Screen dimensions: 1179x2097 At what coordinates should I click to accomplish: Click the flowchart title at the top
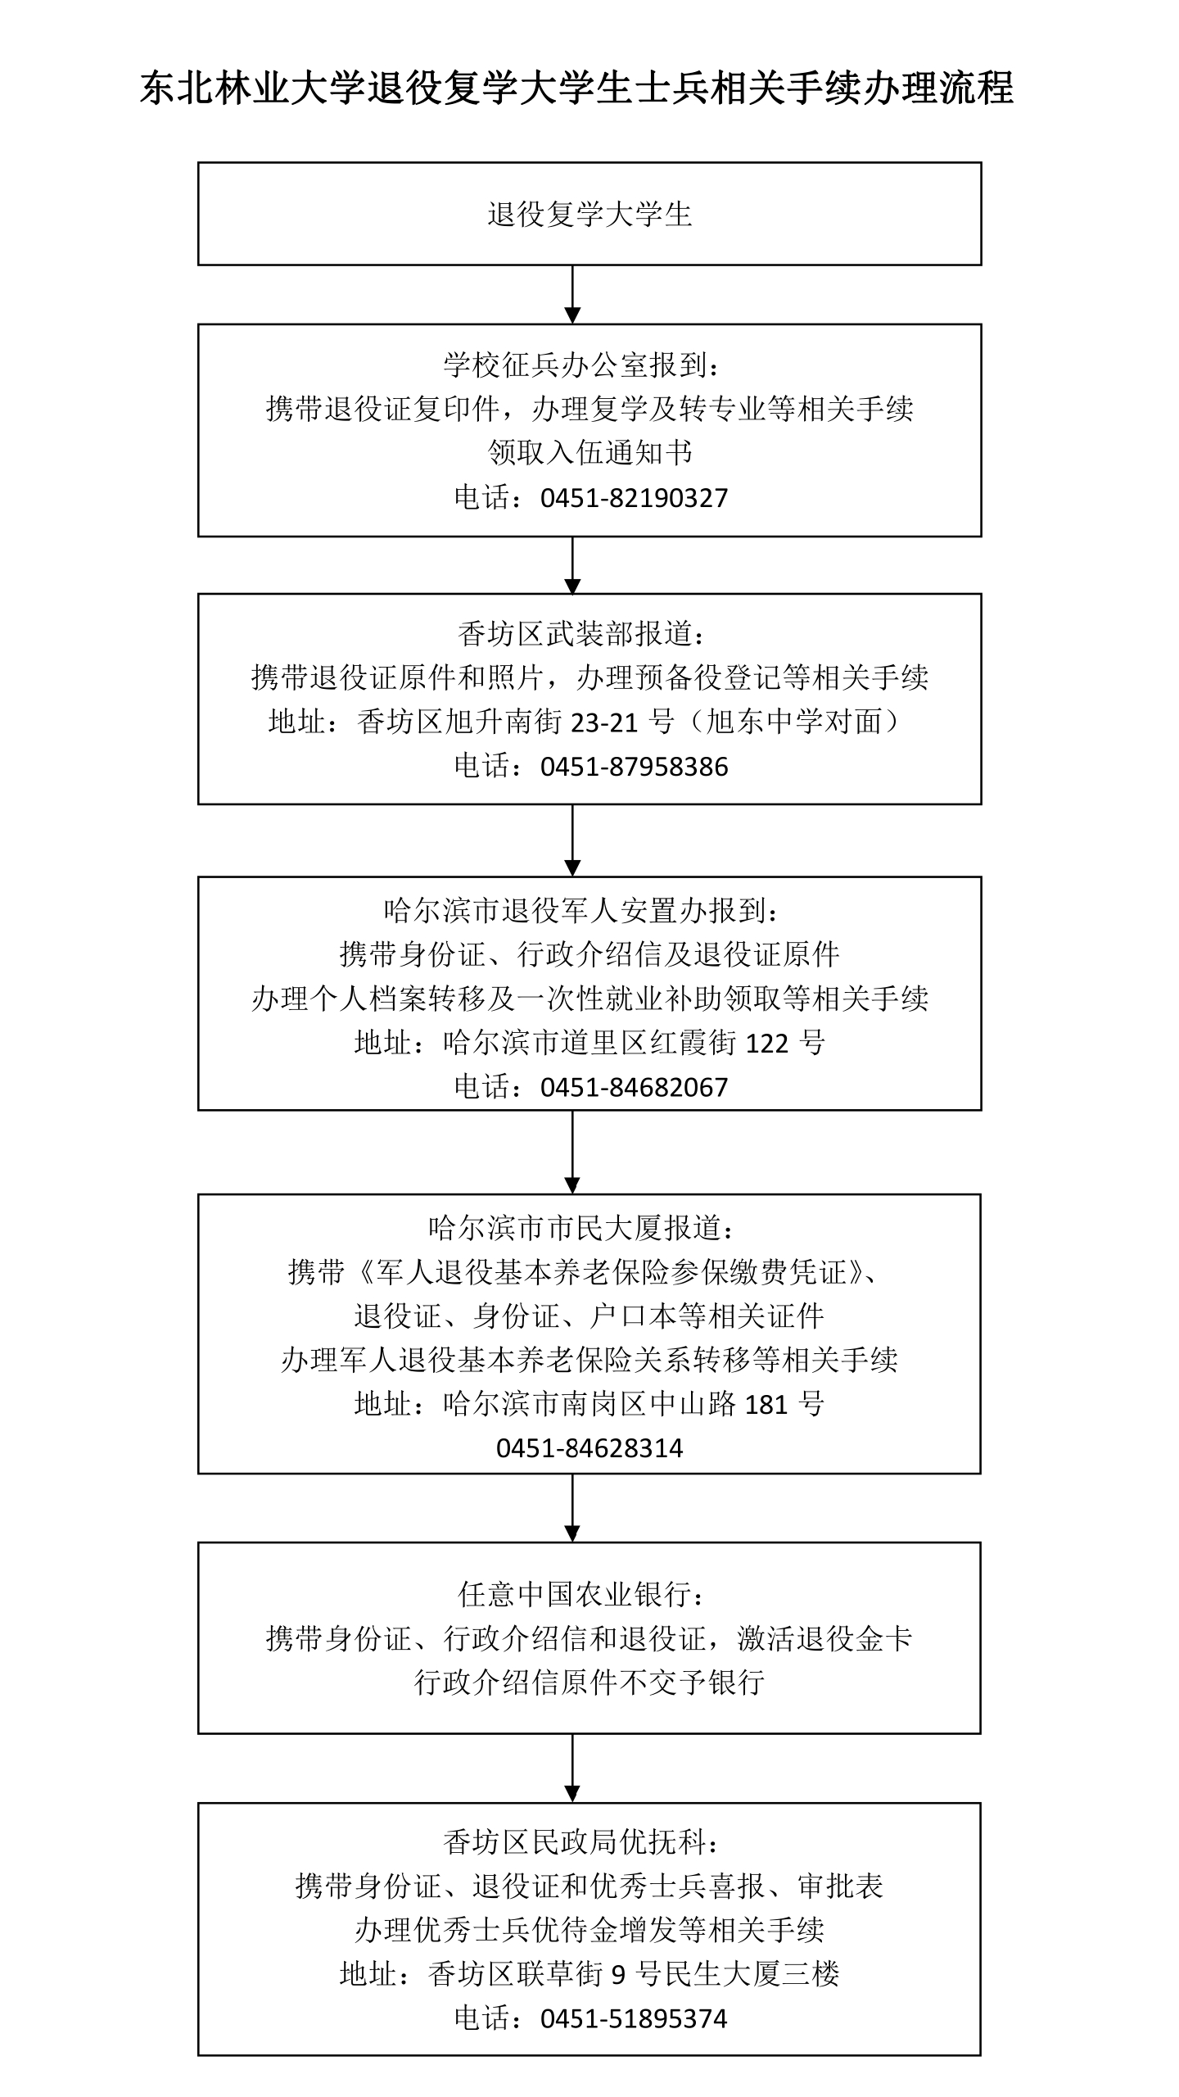coord(576,88)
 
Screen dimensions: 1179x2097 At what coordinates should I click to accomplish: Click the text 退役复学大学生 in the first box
coord(589,215)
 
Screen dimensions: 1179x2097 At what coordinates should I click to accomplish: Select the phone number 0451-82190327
coord(634,498)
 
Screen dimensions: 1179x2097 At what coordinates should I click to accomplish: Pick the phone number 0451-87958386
coord(634,767)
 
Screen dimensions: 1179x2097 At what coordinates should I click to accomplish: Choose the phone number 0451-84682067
coord(634,1088)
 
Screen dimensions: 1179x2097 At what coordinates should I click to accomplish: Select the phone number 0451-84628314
coord(589,1448)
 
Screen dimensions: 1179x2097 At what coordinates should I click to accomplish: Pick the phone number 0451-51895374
coord(634,2018)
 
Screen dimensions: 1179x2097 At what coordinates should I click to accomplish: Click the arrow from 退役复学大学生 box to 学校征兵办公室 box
coord(572,295)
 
